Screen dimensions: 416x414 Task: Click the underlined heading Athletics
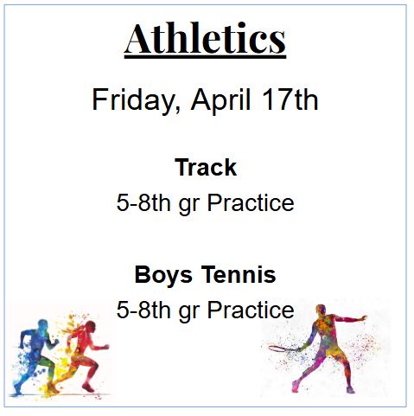pos(205,38)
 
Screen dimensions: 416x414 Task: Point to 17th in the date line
pos(290,100)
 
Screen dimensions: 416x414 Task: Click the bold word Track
pos(206,167)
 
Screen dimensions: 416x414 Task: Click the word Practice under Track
pos(250,203)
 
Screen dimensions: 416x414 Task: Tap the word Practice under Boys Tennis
pos(250,310)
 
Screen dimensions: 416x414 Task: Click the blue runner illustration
pos(35,355)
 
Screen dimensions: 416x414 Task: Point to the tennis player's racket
pos(280,349)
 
